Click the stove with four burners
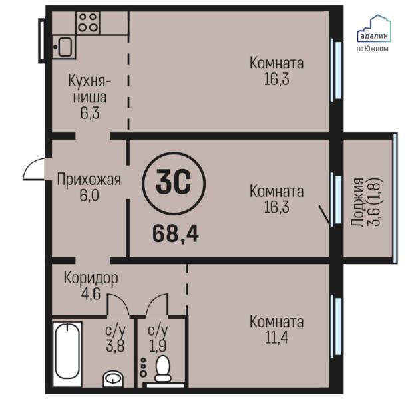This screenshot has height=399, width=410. click(87, 23)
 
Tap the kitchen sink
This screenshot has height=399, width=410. click(65, 46)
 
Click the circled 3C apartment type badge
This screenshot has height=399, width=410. click(174, 181)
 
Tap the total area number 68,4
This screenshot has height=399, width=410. click(176, 233)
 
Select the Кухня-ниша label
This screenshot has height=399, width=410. click(90, 89)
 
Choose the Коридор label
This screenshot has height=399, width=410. click(91, 277)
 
